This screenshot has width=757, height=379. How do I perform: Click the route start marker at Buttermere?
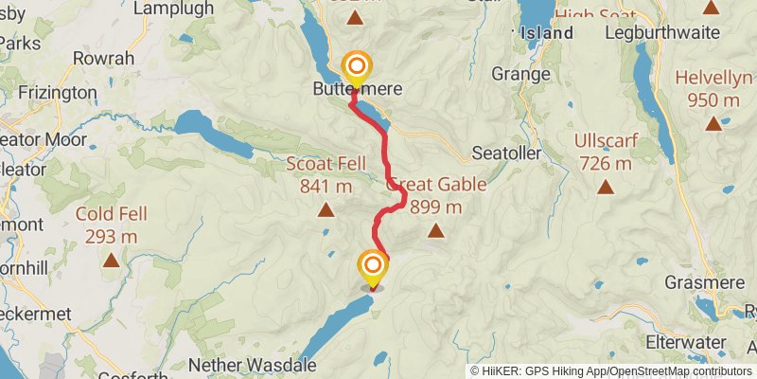click(x=358, y=67)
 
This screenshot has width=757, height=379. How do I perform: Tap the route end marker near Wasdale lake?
click(x=373, y=266)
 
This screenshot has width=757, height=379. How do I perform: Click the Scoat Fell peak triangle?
click(x=326, y=209)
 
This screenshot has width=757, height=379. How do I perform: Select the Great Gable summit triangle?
click(x=435, y=230)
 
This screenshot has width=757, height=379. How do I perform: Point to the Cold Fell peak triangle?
click(x=112, y=259)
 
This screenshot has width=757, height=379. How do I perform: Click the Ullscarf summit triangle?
click(x=604, y=187)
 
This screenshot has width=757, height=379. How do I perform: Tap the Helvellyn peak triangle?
click(x=713, y=122)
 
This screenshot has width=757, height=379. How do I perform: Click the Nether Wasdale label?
click(x=248, y=364)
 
